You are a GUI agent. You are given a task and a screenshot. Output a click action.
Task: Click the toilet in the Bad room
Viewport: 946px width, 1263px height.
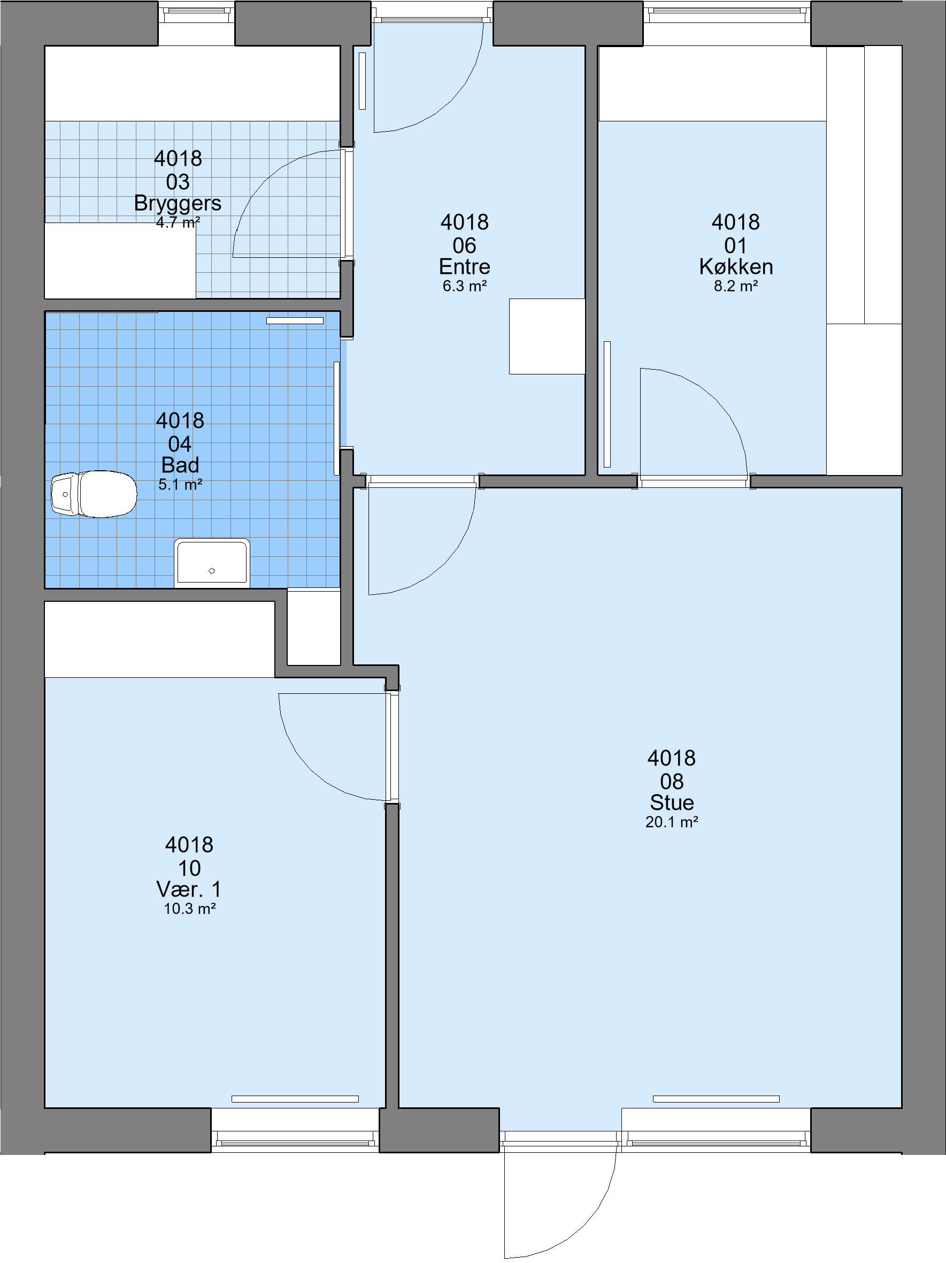[x=94, y=494]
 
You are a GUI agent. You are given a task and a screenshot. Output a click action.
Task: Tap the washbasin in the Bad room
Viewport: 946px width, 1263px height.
[x=212, y=563]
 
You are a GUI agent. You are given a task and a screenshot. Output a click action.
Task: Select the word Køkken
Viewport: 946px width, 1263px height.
[x=736, y=266]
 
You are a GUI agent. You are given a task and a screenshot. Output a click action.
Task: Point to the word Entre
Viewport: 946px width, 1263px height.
[x=464, y=266]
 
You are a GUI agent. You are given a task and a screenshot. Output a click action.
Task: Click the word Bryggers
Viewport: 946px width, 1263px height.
[x=178, y=204]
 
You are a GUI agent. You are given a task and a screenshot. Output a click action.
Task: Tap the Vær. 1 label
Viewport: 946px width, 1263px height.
[x=189, y=889]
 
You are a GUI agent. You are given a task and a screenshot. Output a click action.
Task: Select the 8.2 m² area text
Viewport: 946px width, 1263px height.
[x=736, y=286]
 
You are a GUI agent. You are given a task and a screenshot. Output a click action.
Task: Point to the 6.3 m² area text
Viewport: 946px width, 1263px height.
[x=464, y=286]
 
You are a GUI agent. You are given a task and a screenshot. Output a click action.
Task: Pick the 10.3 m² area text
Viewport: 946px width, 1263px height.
[x=189, y=908]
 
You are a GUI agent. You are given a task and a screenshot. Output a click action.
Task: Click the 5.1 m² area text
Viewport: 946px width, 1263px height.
[x=180, y=485]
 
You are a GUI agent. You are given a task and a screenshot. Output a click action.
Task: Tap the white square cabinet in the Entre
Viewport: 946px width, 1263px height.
[x=547, y=336]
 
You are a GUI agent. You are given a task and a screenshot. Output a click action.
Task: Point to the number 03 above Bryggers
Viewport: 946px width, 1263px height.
[x=178, y=182]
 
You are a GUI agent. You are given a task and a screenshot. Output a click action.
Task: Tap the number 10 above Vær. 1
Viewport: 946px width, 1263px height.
[x=189, y=868]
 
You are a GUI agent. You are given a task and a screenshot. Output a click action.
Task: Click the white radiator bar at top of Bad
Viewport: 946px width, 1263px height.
[x=295, y=321]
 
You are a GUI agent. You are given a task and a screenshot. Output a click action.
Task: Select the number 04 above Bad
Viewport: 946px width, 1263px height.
[x=180, y=443]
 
